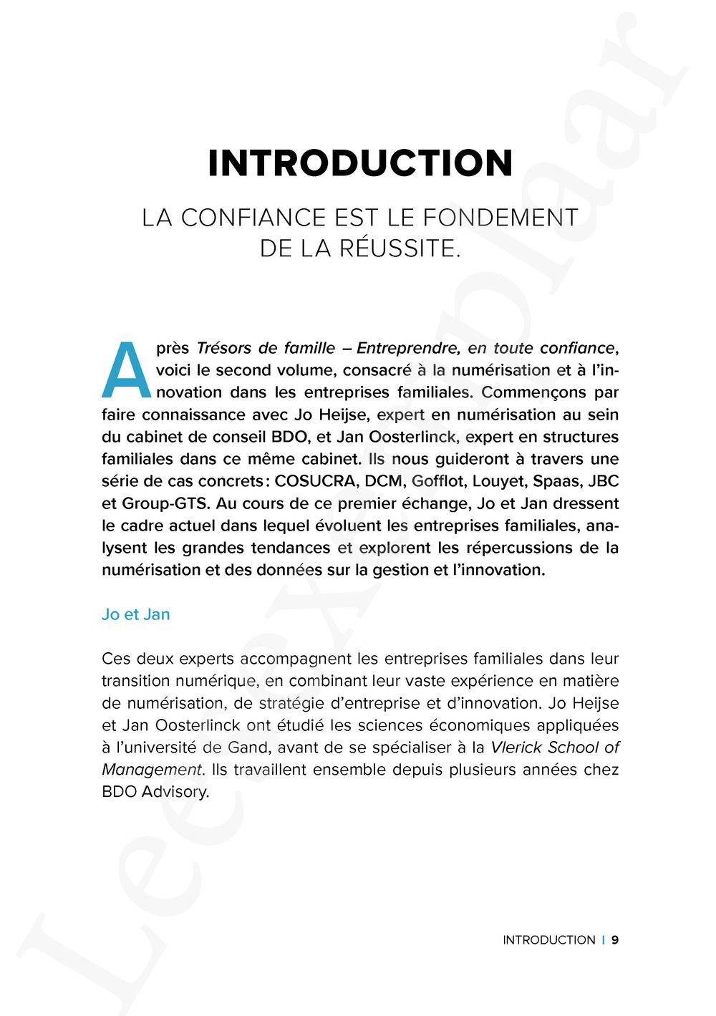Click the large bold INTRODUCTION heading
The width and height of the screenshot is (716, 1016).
[x=360, y=163]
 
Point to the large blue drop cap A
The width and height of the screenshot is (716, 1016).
[x=126, y=369]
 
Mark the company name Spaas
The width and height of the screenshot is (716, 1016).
[x=556, y=481]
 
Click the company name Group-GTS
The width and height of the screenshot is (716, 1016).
[x=159, y=503]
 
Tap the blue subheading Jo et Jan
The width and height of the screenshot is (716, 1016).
[x=136, y=614]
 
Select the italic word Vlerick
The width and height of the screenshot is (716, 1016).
[x=516, y=748]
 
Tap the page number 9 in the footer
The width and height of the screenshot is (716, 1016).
[x=615, y=940]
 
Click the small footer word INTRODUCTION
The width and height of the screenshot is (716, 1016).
[x=548, y=940]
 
